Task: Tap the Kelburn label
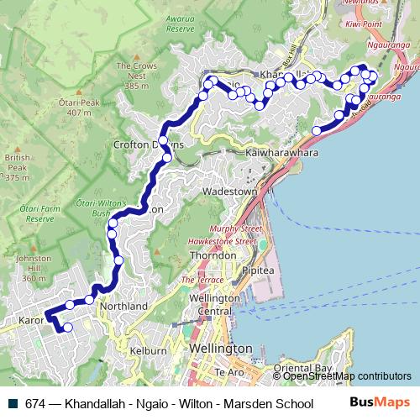tap(148, 349)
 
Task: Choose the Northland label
tap(123, 306)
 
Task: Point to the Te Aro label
tap(228, 372)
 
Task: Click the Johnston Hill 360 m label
tap(34, 268)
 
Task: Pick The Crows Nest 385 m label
tap(136, 76)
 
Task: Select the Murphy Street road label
tap(237, 228)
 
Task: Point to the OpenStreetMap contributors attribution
tap(346, 376)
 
